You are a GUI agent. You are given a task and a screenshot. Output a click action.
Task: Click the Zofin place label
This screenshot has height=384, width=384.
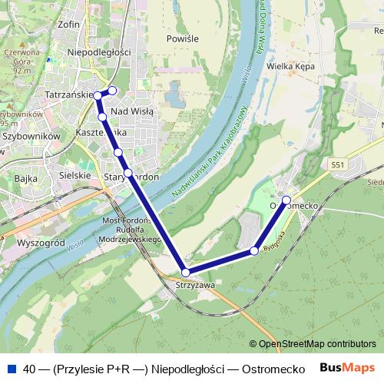click(68, 24)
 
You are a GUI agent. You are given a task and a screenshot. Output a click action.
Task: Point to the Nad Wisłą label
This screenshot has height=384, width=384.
click(132, 111)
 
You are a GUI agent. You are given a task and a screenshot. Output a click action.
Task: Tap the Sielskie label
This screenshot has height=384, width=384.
click(74, 175)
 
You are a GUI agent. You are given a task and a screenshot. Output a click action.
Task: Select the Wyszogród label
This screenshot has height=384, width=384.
click(38, 241)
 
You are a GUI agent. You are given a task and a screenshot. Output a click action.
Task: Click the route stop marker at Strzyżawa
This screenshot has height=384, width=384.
click(185, 273)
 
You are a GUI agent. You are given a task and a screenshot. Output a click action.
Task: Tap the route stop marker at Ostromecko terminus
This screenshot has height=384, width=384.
click(286, 200)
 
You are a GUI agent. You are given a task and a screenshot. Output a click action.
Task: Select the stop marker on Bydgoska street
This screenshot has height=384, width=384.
click(254, 250)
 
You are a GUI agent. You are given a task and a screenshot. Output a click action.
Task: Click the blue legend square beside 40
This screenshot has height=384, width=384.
click(9, 368)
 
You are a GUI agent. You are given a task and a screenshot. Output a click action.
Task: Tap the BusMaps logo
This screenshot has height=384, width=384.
click(347, 368)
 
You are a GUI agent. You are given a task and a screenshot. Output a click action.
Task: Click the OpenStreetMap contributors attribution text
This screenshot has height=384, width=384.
click(317, 344)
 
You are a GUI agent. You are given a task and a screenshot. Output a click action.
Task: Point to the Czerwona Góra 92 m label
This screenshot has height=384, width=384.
click(17, 61)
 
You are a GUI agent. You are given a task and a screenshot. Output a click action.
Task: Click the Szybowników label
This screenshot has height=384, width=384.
click(31, 135)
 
